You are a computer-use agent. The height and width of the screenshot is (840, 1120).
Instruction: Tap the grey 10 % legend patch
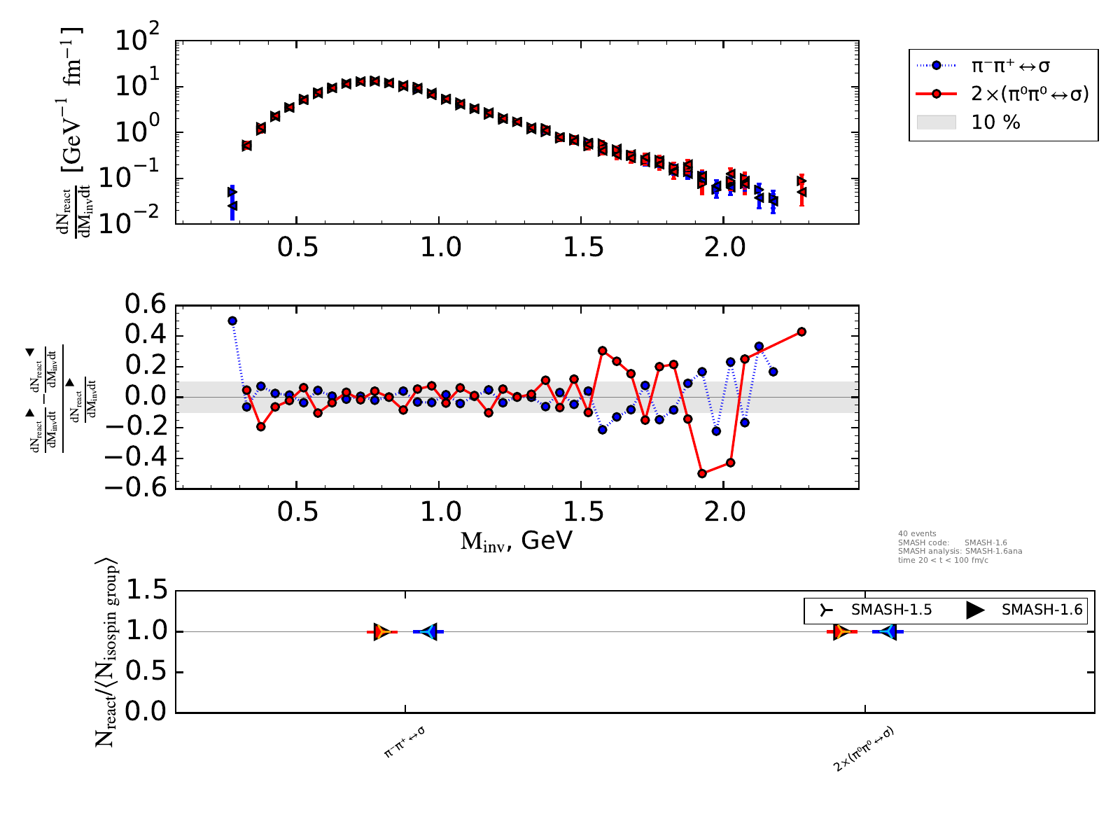(936, 122)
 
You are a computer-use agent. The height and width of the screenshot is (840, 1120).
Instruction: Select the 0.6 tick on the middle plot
(146, 306)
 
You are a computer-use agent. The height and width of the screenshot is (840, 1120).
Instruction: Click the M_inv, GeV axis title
(516, 541)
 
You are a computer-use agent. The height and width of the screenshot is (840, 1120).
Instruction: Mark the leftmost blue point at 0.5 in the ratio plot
(232, 321)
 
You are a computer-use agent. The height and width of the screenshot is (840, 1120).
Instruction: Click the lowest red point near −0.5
(702, 474)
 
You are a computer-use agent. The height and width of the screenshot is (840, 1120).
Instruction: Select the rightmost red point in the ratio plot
(801, 332)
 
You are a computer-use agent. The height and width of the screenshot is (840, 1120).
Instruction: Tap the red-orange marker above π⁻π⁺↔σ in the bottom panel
(381, 631)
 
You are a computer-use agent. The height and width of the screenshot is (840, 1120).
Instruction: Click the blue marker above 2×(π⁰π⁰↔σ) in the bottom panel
(888, 631)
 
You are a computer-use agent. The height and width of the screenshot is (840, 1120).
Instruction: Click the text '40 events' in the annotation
(917, 533)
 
